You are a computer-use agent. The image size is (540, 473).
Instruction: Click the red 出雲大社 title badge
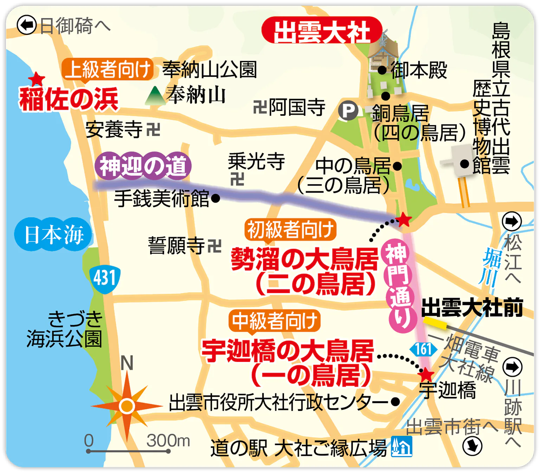[322, 31]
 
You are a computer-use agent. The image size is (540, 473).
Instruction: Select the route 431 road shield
[104, 279]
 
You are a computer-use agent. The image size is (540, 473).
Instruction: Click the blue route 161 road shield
[423, 349]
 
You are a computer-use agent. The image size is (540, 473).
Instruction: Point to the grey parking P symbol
[348, 111]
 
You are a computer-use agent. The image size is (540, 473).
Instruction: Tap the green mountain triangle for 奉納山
[155, 96]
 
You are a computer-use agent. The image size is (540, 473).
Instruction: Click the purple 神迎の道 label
[143, 166]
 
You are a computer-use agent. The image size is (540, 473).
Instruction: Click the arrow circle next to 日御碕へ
[27, 25]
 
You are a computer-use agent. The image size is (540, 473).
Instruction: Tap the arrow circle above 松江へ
[512, 221]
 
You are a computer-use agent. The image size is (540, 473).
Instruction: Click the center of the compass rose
[127, 406]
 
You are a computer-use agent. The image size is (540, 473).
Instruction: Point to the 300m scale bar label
[168, 440]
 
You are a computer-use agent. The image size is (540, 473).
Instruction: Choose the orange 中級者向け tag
[274, 320]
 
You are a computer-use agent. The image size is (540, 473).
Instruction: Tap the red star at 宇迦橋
[426, 375]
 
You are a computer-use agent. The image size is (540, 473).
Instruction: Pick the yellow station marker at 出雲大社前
[435, 323]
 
